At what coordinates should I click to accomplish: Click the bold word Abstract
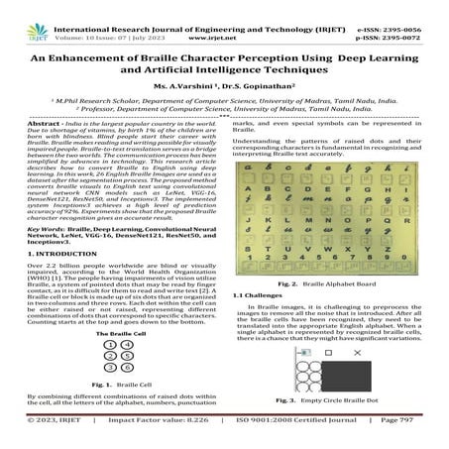tap(25, 148)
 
